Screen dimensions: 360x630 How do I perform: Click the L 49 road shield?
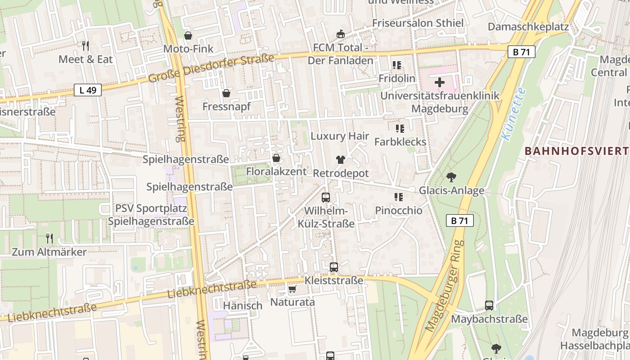coord(88,90)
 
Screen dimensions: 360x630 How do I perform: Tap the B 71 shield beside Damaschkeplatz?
coord(522,52)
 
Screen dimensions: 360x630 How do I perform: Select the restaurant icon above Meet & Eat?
coord(85,45)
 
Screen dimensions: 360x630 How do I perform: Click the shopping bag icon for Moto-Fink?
coord(188,35)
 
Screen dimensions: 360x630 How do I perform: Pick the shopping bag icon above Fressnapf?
coord(226,93)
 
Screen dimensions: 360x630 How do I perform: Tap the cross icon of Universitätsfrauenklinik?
coord(440,82)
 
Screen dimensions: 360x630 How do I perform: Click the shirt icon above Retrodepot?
coord(340,160)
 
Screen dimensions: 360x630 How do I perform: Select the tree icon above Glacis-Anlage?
coord(451,177)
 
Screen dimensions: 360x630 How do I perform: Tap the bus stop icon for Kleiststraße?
coord(333,267)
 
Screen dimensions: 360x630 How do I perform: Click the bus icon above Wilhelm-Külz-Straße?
coord(326,198)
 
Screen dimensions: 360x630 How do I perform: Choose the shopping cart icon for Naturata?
coord(292,289)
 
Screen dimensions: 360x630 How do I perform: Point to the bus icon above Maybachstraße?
coord(489,306)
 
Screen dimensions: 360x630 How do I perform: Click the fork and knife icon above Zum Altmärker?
coord(49,238)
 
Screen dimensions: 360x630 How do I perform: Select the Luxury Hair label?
coord(340,136)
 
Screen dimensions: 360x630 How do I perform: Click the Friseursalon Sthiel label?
coord(418,23)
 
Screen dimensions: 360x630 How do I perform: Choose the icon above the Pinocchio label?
coord(398,197)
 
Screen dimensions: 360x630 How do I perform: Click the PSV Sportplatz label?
coord(144,208)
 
